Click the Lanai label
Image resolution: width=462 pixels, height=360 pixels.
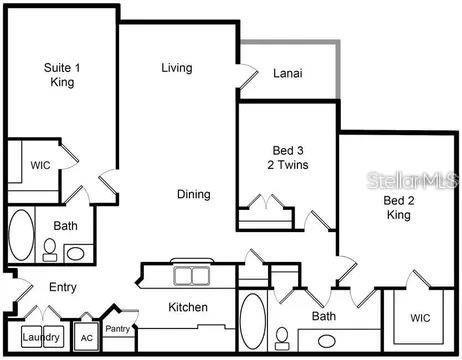[288, 73]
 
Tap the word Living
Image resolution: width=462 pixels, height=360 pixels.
[177, 68]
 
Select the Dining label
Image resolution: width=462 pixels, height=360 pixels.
[194, 194]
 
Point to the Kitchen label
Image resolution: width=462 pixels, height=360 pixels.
[188, 307]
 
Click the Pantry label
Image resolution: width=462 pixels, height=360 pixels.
[117, 329]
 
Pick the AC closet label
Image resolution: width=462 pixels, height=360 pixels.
[87, 338]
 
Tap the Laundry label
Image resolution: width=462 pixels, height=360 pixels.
[41, 337]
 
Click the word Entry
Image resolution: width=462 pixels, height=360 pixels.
[63, 287]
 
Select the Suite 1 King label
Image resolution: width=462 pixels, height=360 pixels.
[62, 75]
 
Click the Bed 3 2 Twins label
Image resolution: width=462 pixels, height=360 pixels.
[288, 157]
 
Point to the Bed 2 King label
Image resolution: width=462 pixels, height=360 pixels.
[399, 207]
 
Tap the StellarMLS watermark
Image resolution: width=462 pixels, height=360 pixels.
[412, 180]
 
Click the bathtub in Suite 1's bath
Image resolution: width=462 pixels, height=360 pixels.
[21, 235]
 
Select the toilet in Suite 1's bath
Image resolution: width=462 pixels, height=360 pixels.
[50, 250]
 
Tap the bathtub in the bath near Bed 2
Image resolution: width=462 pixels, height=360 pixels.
[253, 321]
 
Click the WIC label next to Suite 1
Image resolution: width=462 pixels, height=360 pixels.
[41, 165]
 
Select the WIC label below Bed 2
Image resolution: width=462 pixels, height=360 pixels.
[420, 318]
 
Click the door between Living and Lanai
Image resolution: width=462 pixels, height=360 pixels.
[247, 76]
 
